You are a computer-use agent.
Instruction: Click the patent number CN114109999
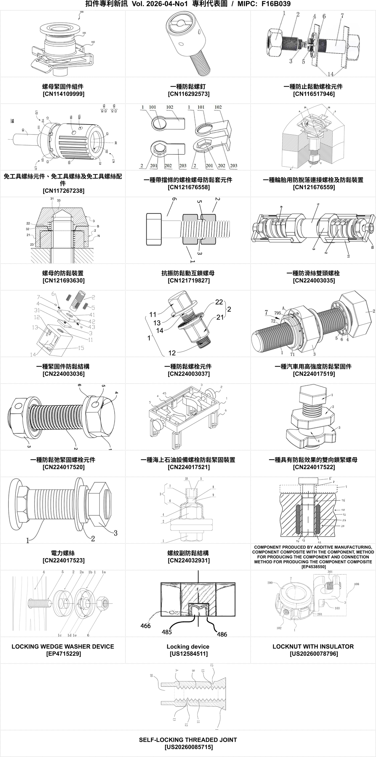[x=63, y=94]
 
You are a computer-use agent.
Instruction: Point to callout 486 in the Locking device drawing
[x=222, y=634]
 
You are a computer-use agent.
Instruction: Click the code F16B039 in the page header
[x=276, y=4]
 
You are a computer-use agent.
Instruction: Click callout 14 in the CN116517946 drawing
[x=331, y=74]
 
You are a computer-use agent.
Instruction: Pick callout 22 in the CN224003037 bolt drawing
[x=219, y=302]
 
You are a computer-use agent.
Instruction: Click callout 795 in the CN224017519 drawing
[x=277, y=313]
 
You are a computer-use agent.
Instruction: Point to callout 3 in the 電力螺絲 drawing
[x=115, y=533]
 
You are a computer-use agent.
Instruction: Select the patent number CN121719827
[x=188, y=280]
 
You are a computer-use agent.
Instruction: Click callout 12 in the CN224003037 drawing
[x=172, y=353]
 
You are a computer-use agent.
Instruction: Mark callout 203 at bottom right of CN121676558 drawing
[x=234, y=166]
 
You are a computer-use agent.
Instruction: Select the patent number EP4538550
[x=313, y=567]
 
